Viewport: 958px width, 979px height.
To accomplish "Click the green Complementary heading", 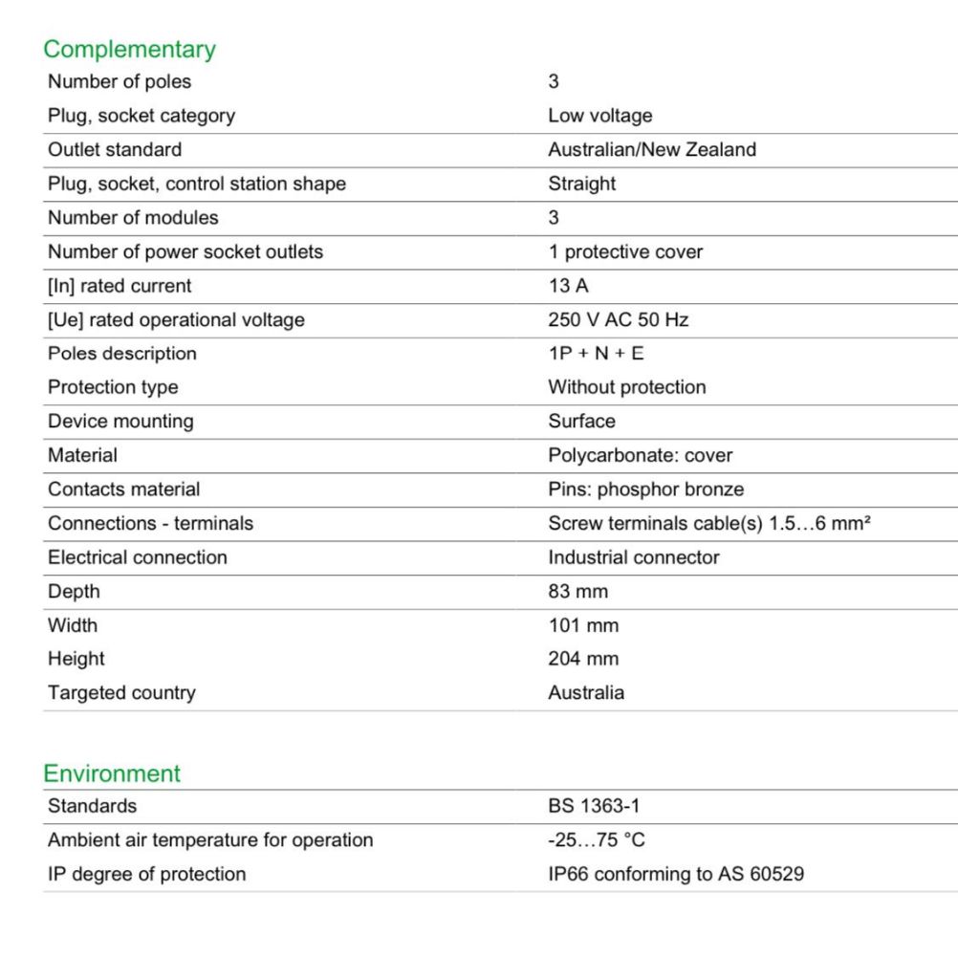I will (x=129, y=49).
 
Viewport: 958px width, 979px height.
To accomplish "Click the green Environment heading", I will (x=112, y=773).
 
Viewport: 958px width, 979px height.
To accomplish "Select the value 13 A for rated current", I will (x=568, y=286).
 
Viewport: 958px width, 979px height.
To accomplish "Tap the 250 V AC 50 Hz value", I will (x=618, y=319).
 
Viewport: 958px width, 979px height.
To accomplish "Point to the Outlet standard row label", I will (x=115, y=150).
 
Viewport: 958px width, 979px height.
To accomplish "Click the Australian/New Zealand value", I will (x=651, y=150).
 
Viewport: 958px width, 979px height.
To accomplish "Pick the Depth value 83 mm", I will (x=577, y=592).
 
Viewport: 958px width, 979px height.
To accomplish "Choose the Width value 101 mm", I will (x=583, y=625).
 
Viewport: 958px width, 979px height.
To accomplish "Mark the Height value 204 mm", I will (x=583, y=659).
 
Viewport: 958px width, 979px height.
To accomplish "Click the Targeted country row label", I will (x=121, y=693).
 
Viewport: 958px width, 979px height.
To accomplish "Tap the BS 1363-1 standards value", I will (x=594, y=806).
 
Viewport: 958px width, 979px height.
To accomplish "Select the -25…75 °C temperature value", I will (x=596, y=840).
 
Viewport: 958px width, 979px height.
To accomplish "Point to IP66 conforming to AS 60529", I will (x=675, y=874).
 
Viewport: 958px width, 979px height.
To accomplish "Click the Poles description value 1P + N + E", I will (x=596, y=354).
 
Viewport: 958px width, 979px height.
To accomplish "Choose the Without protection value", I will (x=626, y=387).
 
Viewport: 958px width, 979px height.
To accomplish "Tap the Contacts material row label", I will (x=124, y=489).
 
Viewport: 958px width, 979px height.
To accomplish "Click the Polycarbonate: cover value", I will (x=640, y=455).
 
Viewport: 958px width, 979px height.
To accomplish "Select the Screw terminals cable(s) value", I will (x=708, y=524).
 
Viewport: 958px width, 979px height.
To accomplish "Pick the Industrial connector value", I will (x=633, y=557).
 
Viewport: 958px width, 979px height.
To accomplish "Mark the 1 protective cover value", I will (x=624, y=252).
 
